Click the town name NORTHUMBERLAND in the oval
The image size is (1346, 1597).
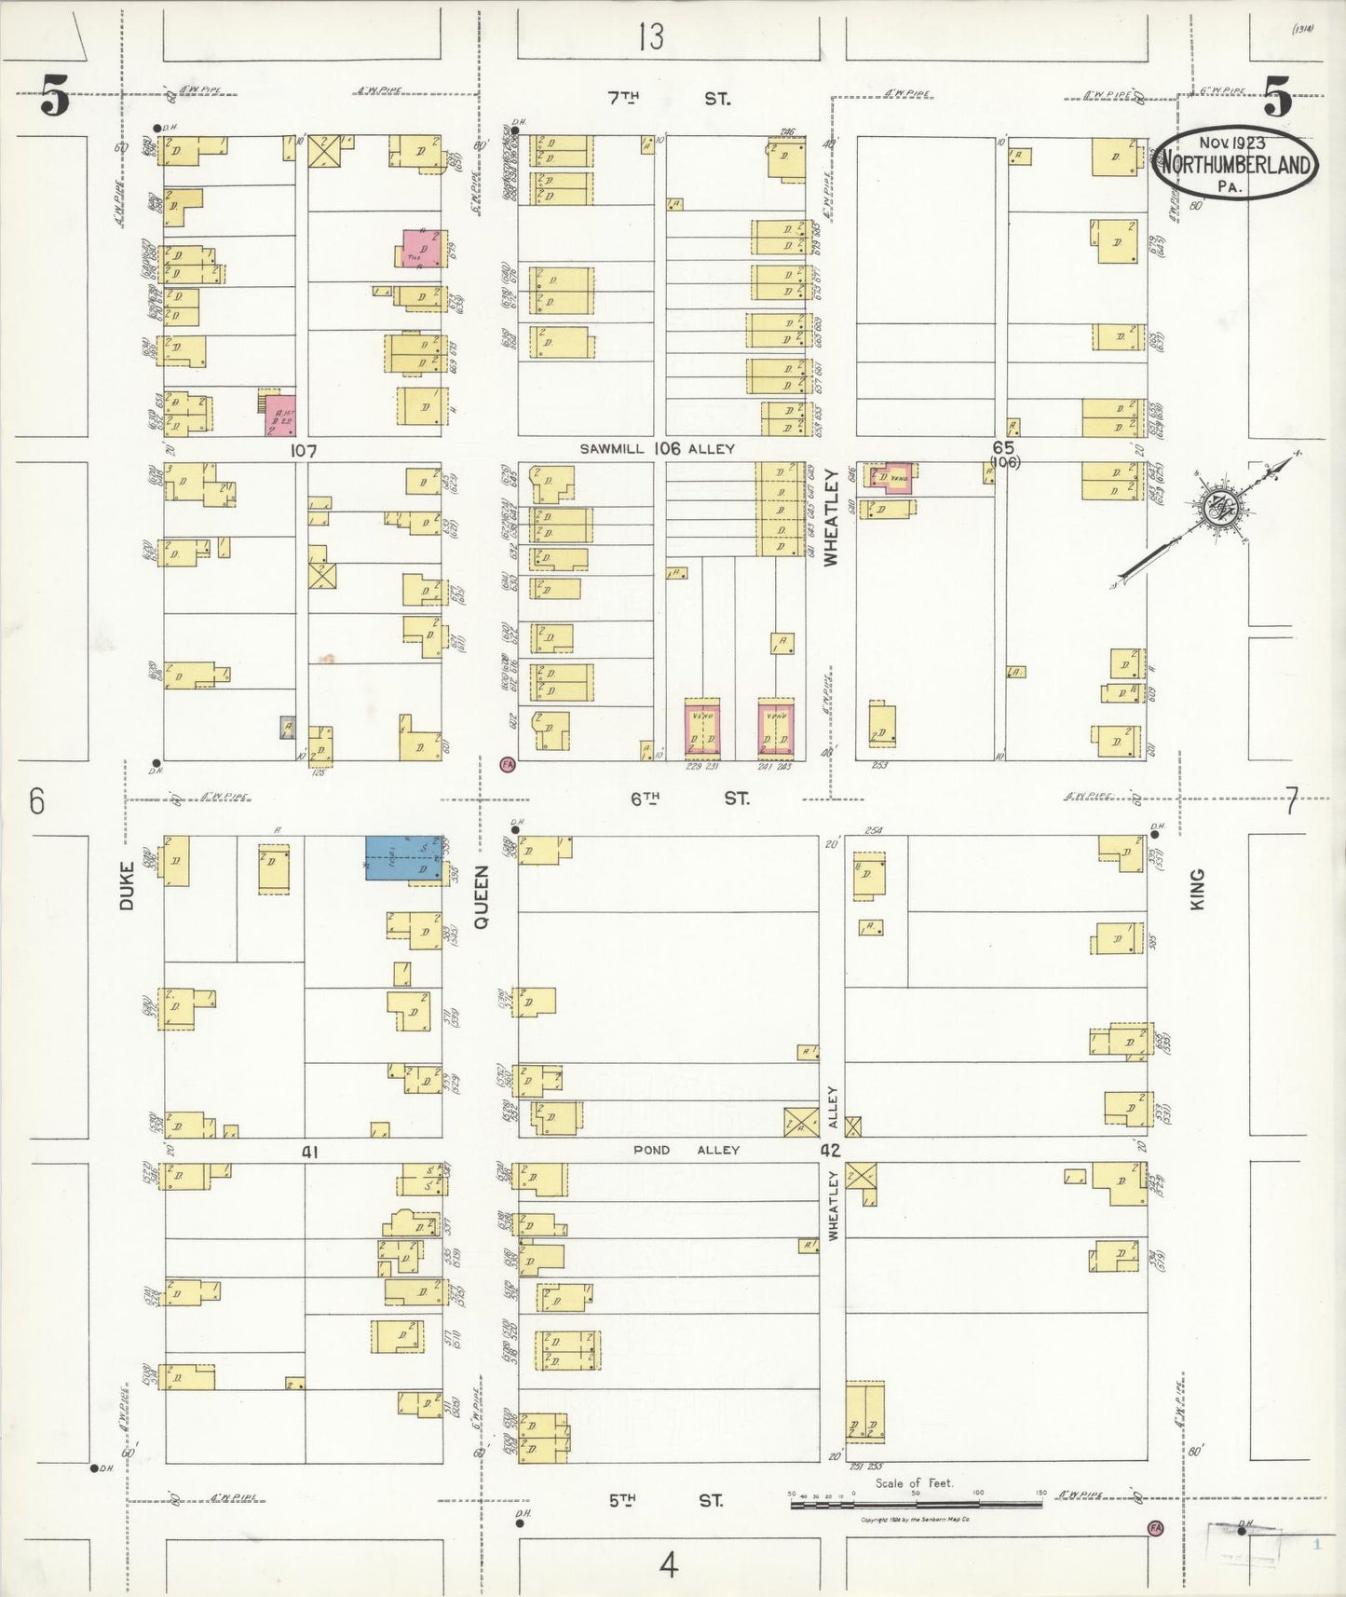[1235, 167]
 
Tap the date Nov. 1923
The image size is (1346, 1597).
[1231, 143]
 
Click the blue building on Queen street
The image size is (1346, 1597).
[403, 857]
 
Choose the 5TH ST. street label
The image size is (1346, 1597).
[666, 1500]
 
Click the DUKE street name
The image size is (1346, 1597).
[127, 885]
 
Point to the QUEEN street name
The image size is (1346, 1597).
[482, 896]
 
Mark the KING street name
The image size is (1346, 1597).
[1197, 889]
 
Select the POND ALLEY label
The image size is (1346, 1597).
[686, 1150]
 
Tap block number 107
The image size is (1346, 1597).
[304, 451]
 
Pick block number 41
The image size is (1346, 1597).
[309, 1153]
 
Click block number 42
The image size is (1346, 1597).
[830, 1150]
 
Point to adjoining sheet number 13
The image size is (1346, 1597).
[651, 37]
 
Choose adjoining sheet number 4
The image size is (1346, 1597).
[668, 1566]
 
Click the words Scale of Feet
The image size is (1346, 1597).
[914, 1482]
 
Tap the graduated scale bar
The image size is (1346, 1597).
[918, 1503]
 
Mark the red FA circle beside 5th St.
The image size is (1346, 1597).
[1155, 1529]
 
